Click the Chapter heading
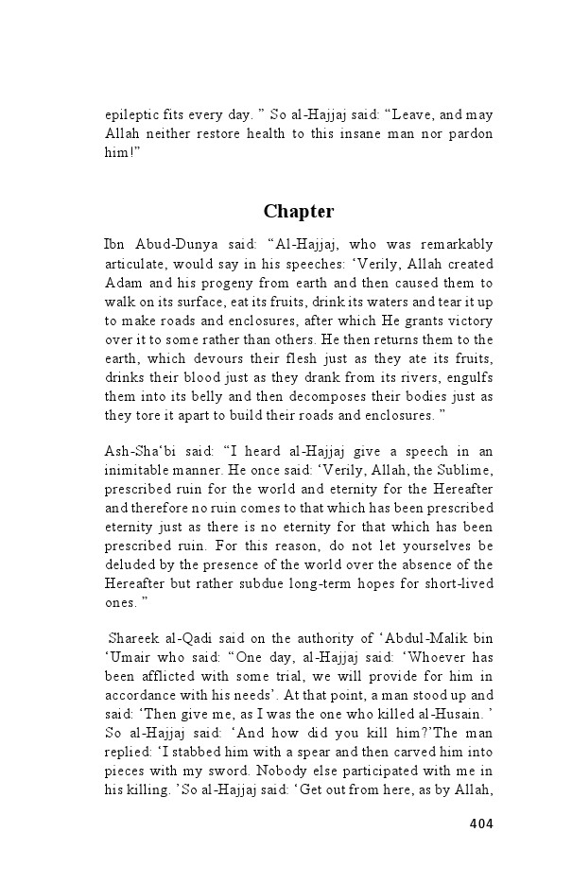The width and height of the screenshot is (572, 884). [298, 211]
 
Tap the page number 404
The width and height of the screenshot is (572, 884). [480, 823]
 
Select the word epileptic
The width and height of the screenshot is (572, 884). [133, 115]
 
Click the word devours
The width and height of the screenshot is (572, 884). [215, 357]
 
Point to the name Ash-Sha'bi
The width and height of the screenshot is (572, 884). [139, 451]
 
